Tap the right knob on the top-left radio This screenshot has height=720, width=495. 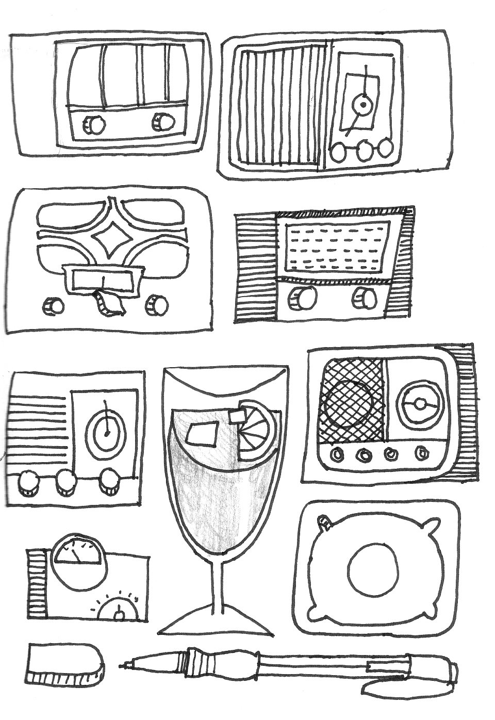tap(163, 122)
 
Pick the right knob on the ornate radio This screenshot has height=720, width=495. tap(157, 305)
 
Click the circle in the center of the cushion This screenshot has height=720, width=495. tap(374, 569)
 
